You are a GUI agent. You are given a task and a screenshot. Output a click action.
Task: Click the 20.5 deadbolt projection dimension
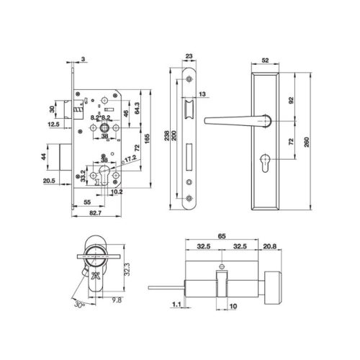pos(50,181)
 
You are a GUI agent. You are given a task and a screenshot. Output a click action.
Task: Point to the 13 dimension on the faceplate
pos(204,94)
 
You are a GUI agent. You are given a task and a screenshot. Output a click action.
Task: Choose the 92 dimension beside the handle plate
pos(291,102)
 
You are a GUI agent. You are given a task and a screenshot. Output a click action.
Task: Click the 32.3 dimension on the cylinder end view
pos(125,269)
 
